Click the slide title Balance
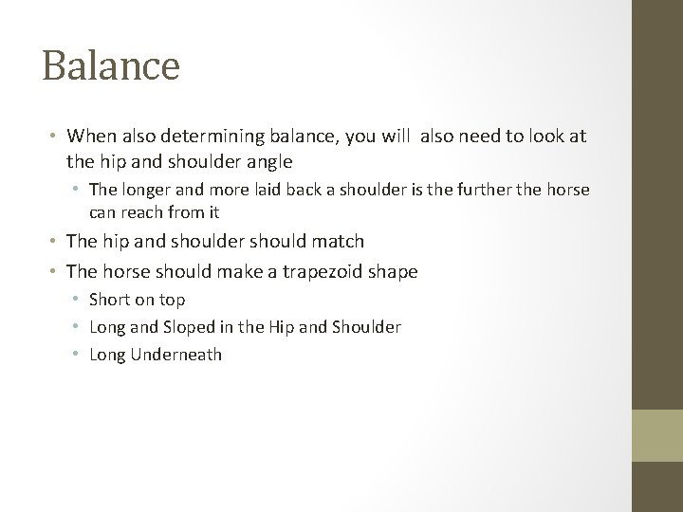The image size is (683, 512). click(x=111, y=66)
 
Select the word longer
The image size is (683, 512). click(x=147, y=190)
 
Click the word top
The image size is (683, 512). click(x=172, y=300)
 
